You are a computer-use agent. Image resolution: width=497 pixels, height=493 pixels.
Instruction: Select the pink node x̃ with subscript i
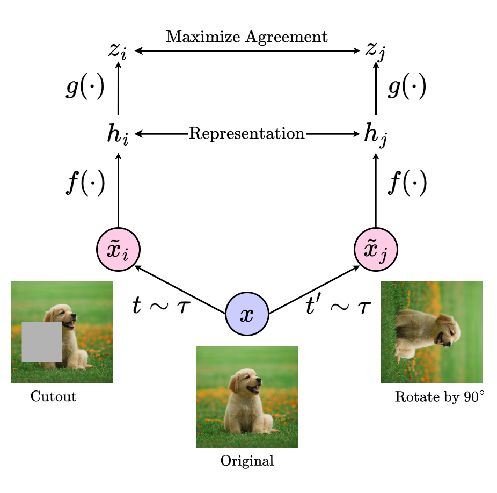118,250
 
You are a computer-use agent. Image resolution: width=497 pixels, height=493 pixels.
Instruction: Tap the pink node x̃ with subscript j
375,250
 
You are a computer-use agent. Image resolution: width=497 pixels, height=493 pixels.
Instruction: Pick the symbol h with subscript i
118,134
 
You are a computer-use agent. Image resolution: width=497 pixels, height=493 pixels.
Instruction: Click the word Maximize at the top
196,37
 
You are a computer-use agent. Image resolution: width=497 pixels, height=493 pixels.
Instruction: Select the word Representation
247,133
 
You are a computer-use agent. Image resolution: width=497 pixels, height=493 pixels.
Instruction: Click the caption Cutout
53,397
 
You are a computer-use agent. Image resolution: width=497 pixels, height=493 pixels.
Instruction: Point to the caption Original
247,461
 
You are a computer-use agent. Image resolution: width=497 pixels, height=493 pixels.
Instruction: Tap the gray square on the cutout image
42,342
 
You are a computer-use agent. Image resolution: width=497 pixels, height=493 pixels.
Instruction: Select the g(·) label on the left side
85,88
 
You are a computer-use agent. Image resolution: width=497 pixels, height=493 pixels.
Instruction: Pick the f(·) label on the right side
406,184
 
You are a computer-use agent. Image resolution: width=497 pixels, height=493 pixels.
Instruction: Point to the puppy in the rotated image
427,334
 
